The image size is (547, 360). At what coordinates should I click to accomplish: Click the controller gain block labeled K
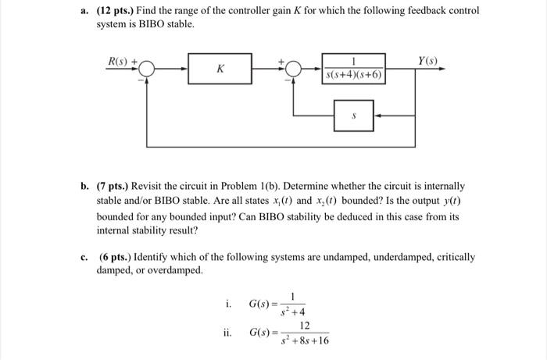point(220,69)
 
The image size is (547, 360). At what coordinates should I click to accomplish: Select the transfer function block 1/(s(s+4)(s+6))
point(354,69)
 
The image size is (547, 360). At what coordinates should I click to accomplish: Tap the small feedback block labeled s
point(354,113)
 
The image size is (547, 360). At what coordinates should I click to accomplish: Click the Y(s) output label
point(426,59)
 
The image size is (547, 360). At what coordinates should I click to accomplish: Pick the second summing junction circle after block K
point(293,69)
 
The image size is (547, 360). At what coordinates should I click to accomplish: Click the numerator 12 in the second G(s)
point(306,324)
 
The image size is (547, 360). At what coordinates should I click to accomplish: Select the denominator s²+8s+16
point(306,341)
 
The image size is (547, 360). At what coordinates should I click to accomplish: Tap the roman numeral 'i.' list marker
point(227,302)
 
